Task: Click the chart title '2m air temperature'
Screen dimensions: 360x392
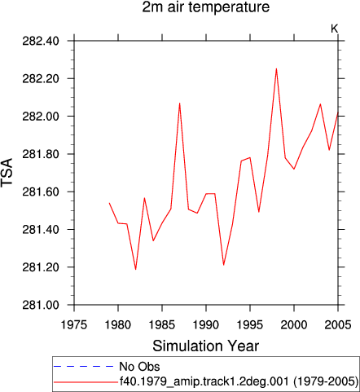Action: click(206, 7)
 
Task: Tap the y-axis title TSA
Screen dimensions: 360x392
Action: click(7, 172)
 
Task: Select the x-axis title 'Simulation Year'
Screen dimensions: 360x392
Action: click(205, 346)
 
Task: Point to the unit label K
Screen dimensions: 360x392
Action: click(334, 29)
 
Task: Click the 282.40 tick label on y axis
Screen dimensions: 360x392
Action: click(41, 42)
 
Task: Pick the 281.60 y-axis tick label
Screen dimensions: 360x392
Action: click(41, 192)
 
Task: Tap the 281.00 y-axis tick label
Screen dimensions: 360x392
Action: click(41, 306)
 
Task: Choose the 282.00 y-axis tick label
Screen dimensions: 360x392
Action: click(41, 117)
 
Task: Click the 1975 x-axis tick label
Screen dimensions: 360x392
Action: click(74, 324)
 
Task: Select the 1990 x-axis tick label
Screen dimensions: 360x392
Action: click(206, 324)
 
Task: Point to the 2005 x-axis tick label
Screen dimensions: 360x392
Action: click(338, 324)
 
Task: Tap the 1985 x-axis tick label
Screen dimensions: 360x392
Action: click(162, 324)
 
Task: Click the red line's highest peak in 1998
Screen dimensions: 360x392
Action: click(276, 68)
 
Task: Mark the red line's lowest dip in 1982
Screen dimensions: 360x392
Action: click(135, 269)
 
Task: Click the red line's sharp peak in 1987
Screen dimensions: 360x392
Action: click(179, 104)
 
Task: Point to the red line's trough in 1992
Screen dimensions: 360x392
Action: click(223, 265)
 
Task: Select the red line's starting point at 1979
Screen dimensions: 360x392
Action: click(109, 203)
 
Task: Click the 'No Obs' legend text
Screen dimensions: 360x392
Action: click(139, 367)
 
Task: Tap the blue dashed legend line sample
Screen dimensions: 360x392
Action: click(84, 367)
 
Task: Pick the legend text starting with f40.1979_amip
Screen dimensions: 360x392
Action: click(239, 381)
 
